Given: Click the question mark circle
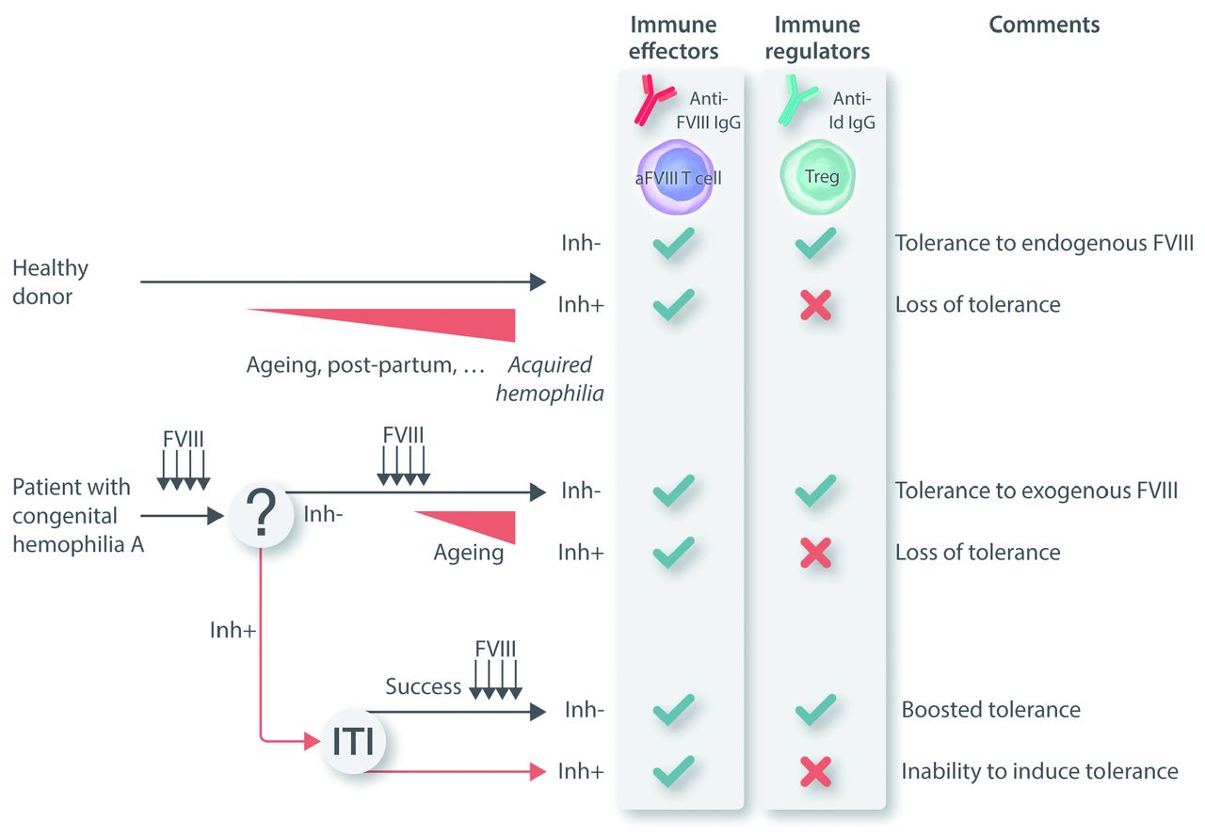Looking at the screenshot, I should coord(261,514).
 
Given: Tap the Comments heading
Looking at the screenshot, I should coord(1044,24).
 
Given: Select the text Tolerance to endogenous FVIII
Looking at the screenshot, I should coord(1044,244).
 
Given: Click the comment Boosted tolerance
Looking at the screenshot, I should coord(990,709).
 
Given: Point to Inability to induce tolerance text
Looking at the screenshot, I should coord(1039,771).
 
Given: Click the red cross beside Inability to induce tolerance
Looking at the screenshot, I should coord(815,772).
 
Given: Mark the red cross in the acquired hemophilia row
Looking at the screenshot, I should coord(815,305).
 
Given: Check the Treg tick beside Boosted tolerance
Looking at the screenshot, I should coord(815,709).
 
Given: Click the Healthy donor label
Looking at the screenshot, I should coord(50,282).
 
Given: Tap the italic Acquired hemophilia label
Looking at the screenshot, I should coord(550,379).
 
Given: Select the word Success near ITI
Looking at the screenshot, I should coord(424,685).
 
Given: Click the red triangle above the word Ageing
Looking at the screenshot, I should coord(480,524).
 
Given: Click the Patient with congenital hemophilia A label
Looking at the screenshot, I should coord(77,515).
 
